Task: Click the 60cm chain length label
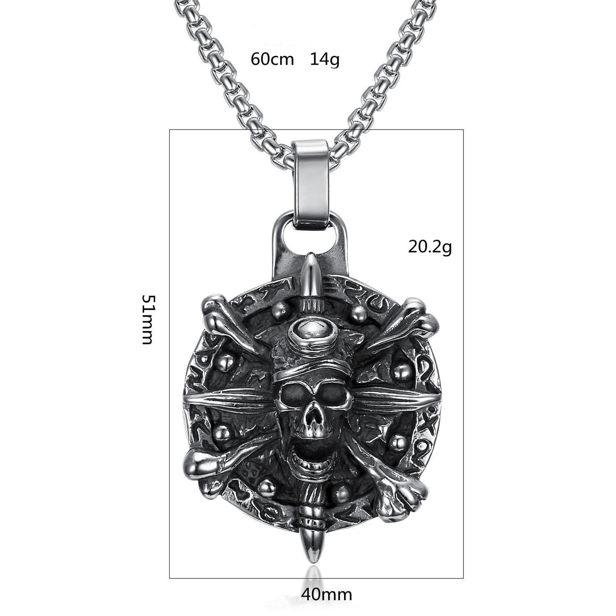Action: (272, 59)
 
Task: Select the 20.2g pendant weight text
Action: (430, 246)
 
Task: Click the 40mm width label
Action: (327, 594)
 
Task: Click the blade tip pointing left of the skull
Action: (188, 401)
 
